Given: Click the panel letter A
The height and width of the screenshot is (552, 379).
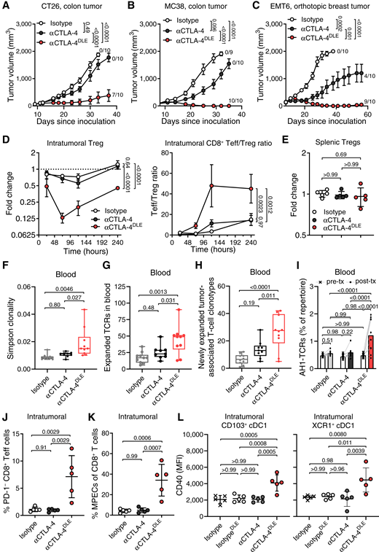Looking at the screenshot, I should tap(5, 5).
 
